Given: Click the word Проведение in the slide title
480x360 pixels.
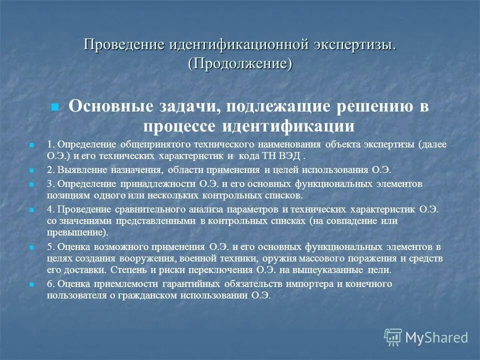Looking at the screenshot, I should (x=124, y=45).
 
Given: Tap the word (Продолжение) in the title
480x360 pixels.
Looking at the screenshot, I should (x=240, y=63).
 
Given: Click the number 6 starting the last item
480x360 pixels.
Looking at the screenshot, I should (x=49, y=284).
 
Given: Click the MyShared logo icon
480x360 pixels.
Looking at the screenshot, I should (x=393, y=336).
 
